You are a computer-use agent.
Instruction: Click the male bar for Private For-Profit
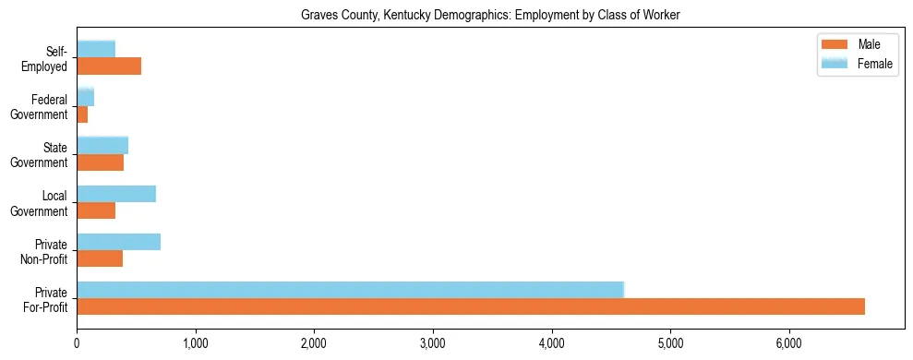pyautogui.click(x=471, y=306)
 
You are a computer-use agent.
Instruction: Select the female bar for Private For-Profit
pyautogui.click(x=351, y=290)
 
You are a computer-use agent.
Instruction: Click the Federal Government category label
pyautogui.click(x=40, y=107)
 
